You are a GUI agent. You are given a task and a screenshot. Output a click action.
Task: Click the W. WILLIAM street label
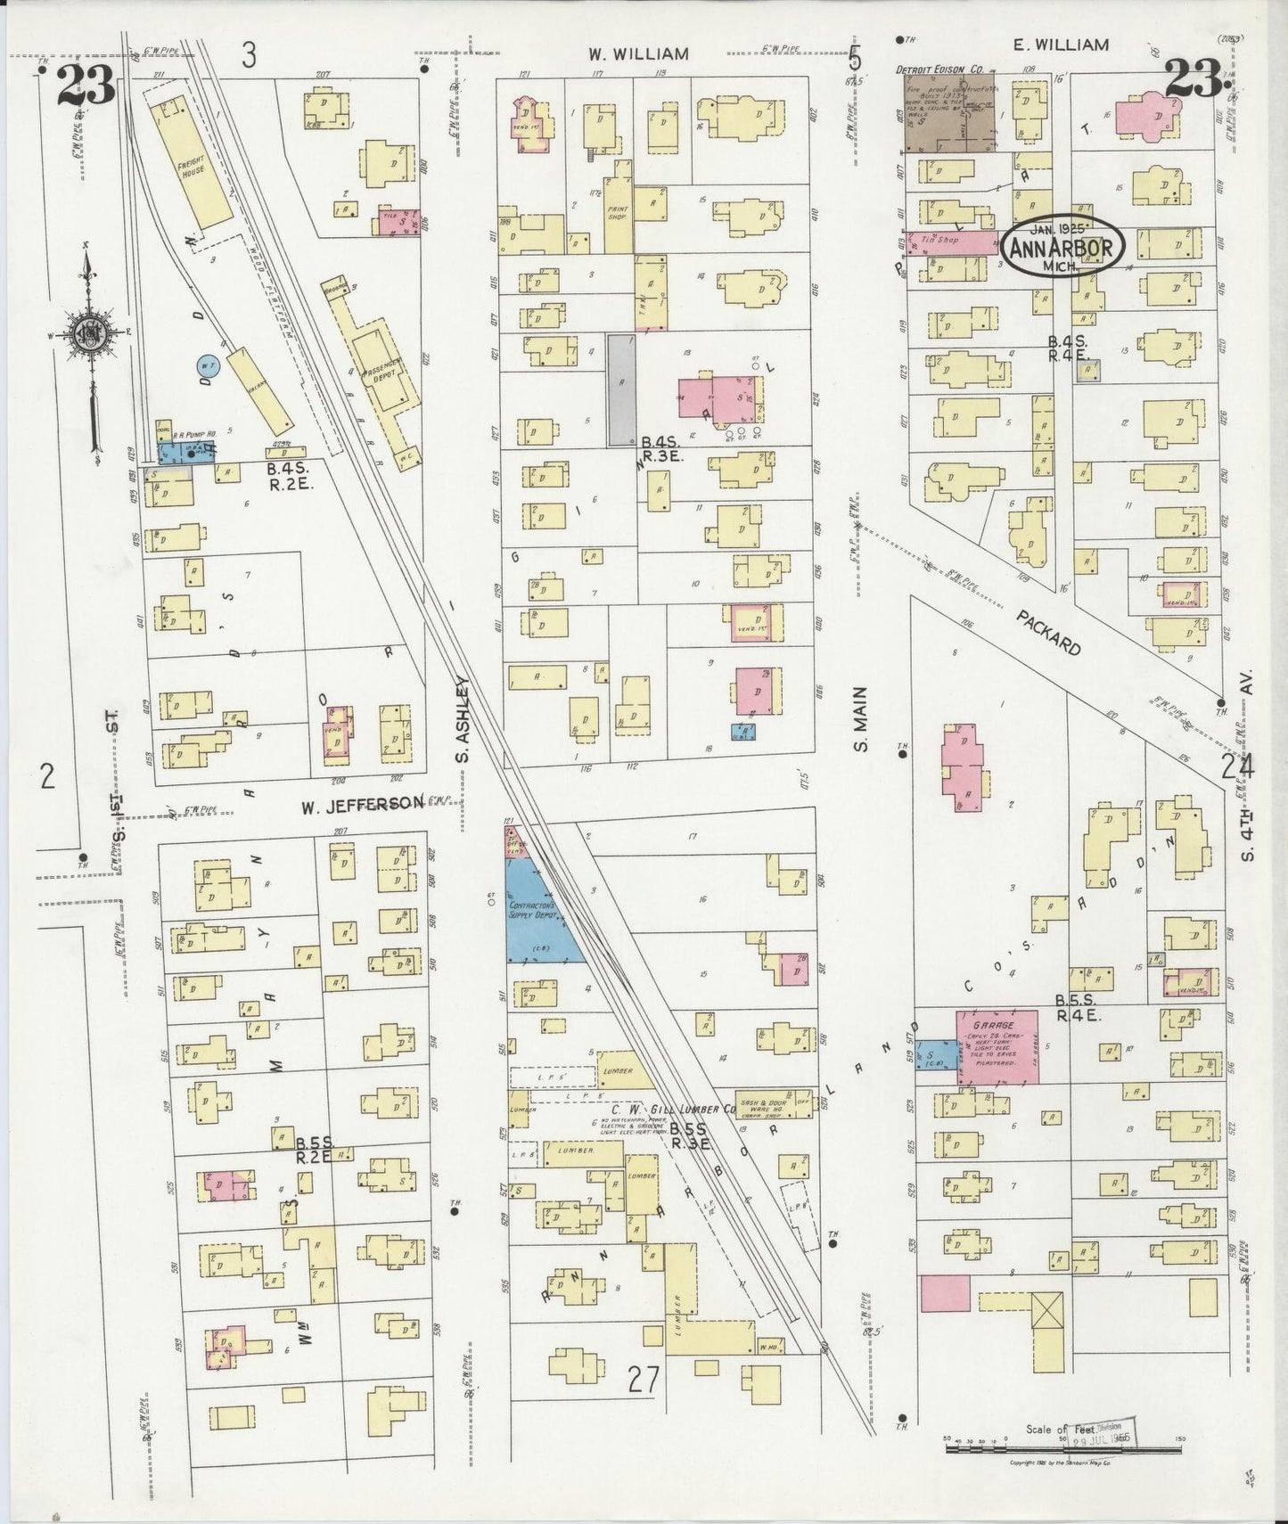tap(637, 54)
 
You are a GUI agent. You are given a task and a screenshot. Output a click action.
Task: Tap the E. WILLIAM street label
tap(1061, 45)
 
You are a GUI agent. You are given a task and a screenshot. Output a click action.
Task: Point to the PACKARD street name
tap(1050, 632)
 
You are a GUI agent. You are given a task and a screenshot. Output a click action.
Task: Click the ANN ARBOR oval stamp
tap(1062, 247)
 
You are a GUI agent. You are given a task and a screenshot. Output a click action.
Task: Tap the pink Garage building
tap(997, 1046)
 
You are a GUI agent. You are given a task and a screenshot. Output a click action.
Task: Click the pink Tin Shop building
tap(951, 242)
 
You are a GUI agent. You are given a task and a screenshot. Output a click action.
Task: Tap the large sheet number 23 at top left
tap(85, 86)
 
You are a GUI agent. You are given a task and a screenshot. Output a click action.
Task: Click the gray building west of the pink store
tap(621, 389)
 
